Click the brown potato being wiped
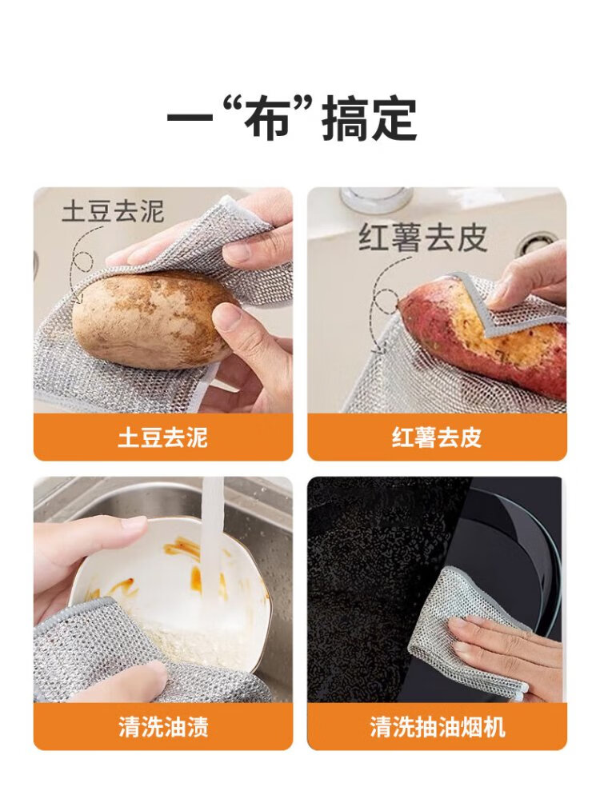tap(150, 320)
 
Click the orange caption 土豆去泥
tap(162, 437)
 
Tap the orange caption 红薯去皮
tap(437, 437)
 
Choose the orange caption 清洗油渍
tap(162, 726)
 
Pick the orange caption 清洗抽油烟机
tap(437, 726)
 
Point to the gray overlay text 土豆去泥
tap(113, 212)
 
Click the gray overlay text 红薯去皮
tap(422, 238)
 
